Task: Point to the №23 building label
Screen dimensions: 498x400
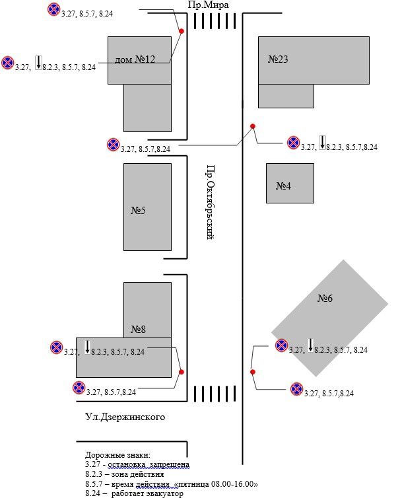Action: click(278, 59)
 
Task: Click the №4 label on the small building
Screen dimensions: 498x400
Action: click(284, 186)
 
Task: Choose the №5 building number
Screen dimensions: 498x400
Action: click(138, 211)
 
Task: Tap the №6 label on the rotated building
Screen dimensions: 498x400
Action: click(325, 299)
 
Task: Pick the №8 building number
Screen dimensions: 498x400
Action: click(138, 329)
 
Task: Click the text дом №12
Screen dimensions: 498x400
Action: click(135, 59)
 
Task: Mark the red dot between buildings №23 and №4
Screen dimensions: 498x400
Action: click(252, 126)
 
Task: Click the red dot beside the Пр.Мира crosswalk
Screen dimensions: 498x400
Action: click(182, 30)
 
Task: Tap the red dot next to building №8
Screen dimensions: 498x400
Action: click(182, 372)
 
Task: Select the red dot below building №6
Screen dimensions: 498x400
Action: click(252, 372)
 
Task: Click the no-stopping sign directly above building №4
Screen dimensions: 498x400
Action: click(293, 143)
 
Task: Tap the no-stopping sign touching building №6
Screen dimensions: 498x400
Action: click(282, 345)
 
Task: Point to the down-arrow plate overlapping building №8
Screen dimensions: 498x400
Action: click(87, 345)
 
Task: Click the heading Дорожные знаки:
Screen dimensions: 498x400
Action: click(118, 455)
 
